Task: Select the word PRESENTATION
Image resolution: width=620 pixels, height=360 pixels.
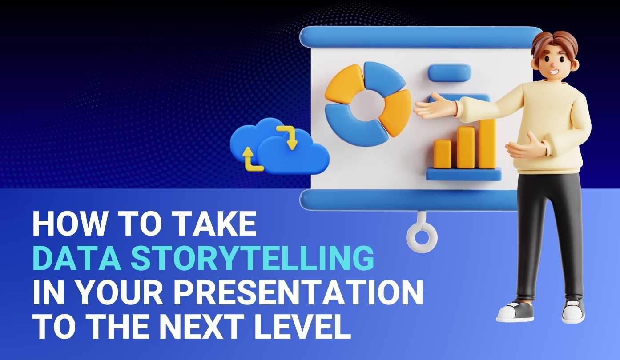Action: pyautogui.click(x=298, y=292)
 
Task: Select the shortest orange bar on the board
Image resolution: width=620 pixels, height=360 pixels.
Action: pyautogui.click(x=442, y=154)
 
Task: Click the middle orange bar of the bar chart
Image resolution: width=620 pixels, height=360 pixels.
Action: pyautogui.click(x=466, y=148)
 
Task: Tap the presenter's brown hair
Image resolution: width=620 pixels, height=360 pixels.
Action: pyautogui.click(x=555, y=44)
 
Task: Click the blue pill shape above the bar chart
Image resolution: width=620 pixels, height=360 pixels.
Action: pyautogui.click(x=449, y=72)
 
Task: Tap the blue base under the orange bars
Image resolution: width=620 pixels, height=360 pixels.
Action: pyautogui.click(x=463, y=174)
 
